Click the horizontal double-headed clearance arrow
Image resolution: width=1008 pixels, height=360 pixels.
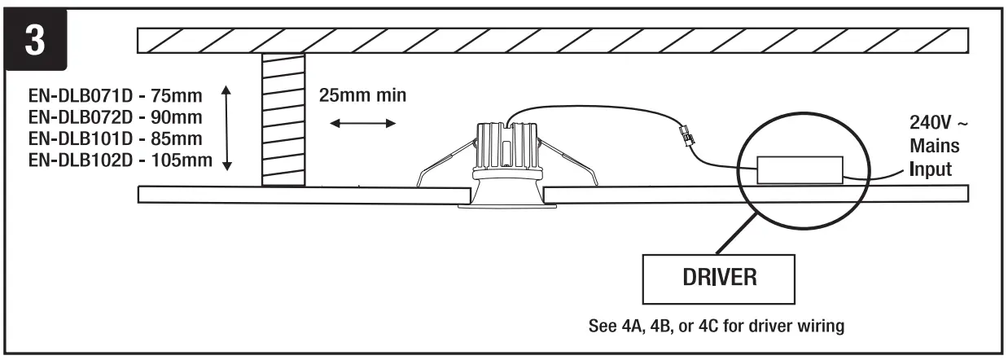coord(364,124)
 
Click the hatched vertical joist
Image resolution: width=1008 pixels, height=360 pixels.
coord(283,120)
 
